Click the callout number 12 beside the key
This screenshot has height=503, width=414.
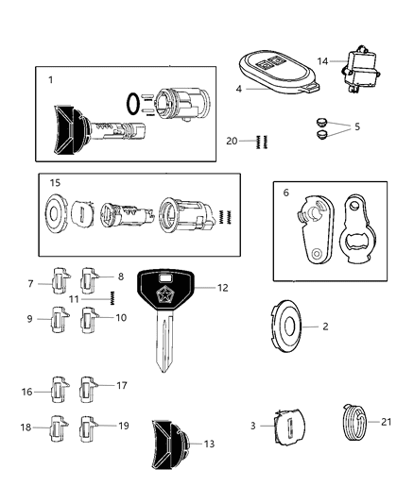[223, 287]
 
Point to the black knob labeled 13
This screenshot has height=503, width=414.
[169, 444]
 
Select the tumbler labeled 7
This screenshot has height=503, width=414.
[58, 282]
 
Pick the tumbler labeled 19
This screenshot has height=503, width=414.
[89, 427]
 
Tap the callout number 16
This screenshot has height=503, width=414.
[26, 391]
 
